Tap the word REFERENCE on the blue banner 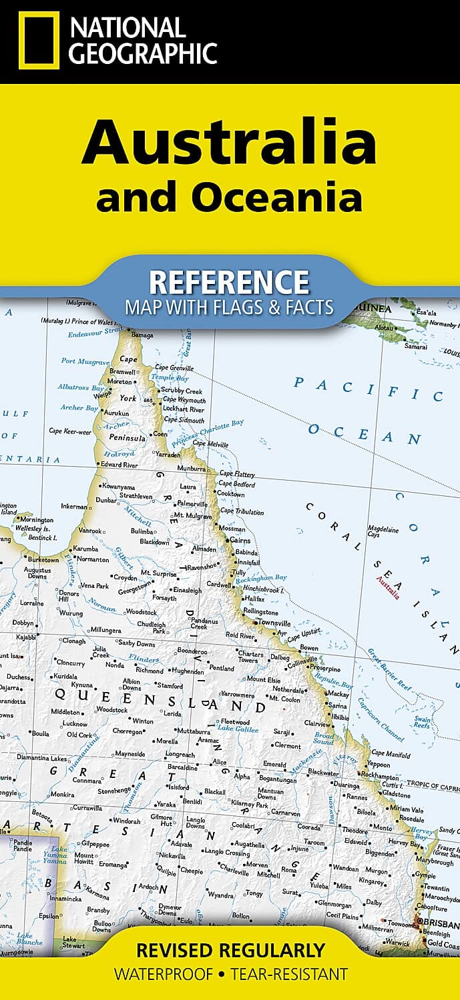click(x=229, y=282)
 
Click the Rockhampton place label click(x=379, y=777)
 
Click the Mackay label click(x=338, y=693)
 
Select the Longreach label click(x=180, y=755)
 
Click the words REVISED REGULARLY click(x=230, y=950)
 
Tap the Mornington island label click(x=36, y=519)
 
